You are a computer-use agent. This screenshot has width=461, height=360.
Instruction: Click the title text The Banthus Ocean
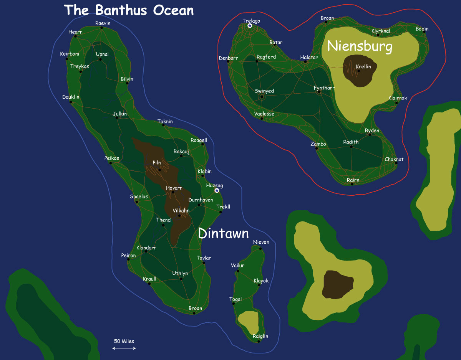click(129, 10)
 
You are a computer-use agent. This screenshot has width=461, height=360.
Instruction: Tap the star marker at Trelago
click(250, 26)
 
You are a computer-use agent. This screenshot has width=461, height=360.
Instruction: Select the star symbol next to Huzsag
click(217, 190)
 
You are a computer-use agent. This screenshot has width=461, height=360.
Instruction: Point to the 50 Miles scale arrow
click(124, 348)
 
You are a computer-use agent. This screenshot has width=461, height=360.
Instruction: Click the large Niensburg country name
click(360, 47)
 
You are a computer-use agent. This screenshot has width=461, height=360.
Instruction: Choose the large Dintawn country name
click(224, 233)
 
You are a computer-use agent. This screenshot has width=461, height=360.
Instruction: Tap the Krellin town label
click(363, 67)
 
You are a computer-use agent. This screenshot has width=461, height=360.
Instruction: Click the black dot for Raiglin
click(259, 342)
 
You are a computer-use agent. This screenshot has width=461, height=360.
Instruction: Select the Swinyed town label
click(264, 91)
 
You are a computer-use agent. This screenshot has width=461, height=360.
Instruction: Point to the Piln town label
click(157, 163)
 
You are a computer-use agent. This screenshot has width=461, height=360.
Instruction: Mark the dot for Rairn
click(352, 184)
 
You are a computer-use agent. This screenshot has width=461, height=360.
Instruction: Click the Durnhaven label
click(201, 200)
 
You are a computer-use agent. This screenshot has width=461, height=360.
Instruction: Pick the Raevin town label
click(103, 23)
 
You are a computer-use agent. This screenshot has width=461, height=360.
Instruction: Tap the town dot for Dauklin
click(71, 102)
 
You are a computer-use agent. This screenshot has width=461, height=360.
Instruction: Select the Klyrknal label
click(381, 31)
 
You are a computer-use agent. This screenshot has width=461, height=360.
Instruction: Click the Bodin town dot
click(424, 33)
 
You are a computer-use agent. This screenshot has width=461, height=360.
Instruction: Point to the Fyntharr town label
click(324, 88)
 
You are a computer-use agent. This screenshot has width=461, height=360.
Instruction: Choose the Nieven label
click(261, 242)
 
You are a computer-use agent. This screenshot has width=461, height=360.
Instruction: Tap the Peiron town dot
click(128, 259)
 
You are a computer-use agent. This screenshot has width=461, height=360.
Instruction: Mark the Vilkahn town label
click(181, 211)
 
